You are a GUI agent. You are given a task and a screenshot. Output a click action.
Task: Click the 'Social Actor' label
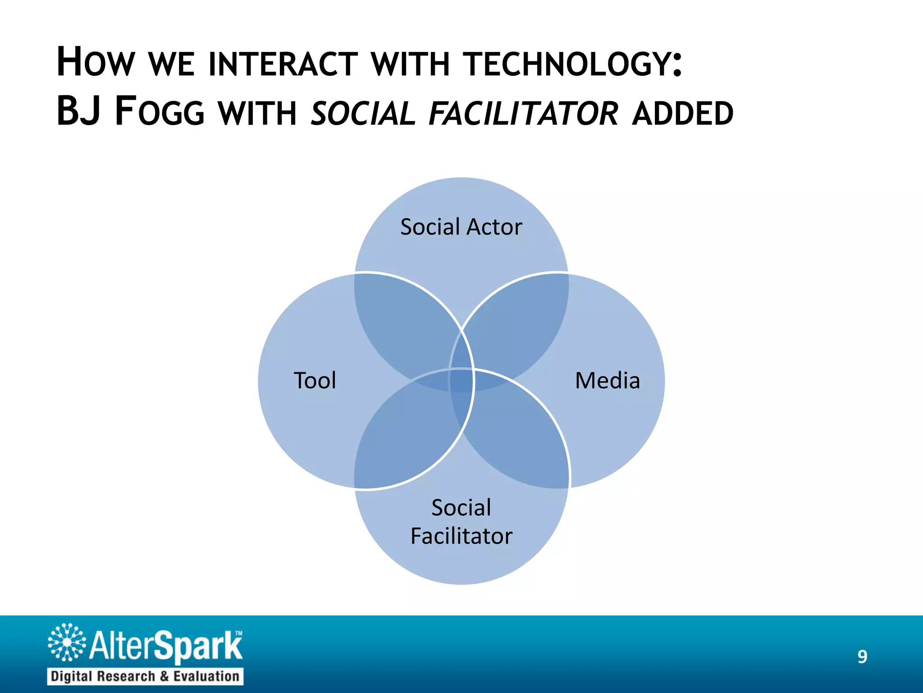coord(461,227)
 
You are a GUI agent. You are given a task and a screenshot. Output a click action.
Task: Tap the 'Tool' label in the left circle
coord(315,380)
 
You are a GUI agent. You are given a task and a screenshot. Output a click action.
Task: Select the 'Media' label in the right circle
coord(608,380)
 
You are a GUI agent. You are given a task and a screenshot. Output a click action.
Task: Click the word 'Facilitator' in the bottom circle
coord(461,536)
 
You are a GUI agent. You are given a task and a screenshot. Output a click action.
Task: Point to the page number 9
coord(862,656)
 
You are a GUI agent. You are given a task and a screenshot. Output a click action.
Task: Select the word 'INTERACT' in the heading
coord(283,64)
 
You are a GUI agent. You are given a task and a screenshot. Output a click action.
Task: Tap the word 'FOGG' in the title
coord(160,112)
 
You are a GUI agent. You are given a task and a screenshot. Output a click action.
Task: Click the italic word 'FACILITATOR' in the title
coord(523,113)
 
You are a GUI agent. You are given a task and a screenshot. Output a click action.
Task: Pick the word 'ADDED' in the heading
coord(682,113)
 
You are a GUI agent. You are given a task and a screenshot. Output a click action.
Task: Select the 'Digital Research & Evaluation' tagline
coord(145,676)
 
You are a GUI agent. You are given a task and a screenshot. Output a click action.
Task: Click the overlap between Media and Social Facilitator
coord(518,438)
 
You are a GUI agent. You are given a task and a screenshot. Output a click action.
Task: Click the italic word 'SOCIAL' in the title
coord(363,113)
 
